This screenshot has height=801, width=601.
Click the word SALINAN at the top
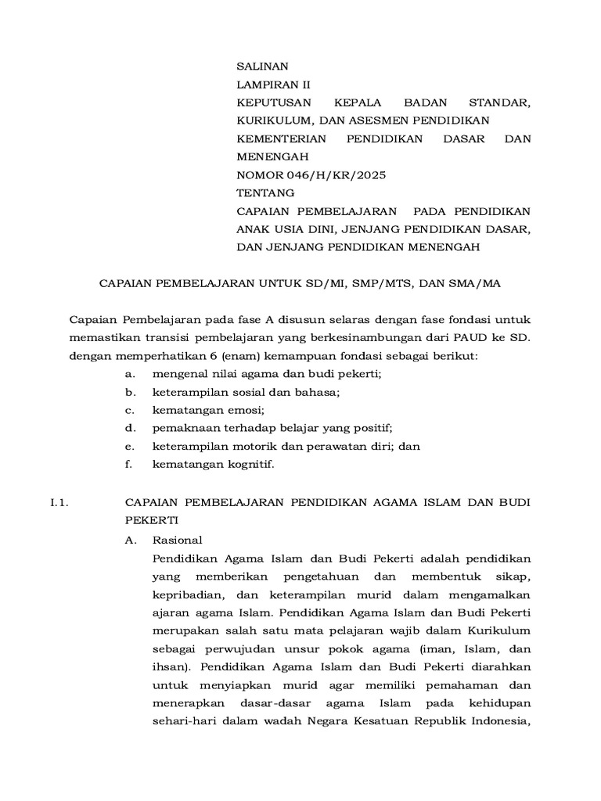263,66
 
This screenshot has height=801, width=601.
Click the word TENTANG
266,192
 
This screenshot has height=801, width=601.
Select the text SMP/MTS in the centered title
382,284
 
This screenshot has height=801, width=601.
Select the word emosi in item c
247,410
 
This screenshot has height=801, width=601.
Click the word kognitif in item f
249,464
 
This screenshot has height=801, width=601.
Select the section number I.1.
60,504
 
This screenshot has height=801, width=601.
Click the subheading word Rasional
178,540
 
